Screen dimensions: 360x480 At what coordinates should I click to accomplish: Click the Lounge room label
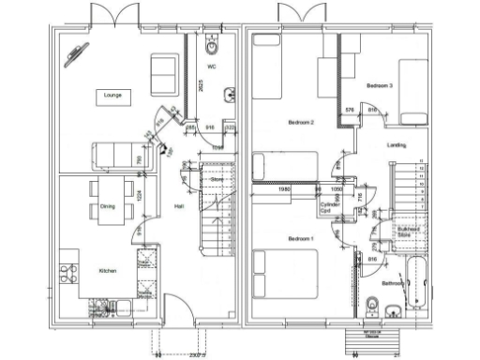pyautogui.click(x=112, y=95)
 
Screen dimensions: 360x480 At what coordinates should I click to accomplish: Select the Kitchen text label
pyautogui.click(x=109, y=272)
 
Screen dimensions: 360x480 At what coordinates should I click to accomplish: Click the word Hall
pyautogui.click(x=177, y=206)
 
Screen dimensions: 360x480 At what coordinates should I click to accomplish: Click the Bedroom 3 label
pyautogui.click(x=380, y=85)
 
